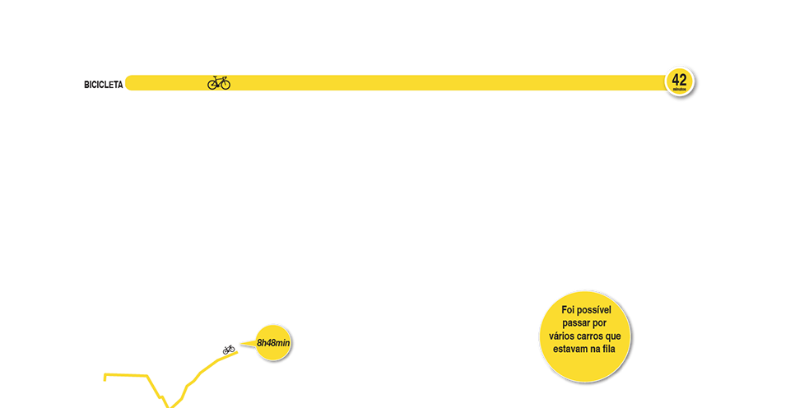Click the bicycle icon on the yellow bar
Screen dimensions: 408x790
point(219,83)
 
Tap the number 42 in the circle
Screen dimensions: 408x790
point(679,79)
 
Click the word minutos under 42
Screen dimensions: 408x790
point(679,89)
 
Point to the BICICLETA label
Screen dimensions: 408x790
point(103,84)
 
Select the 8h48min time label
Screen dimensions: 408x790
point(273,341)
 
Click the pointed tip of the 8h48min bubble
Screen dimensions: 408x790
point(240,343)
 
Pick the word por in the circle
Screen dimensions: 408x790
point(606,323)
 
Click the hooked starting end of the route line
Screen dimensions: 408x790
point(105,378)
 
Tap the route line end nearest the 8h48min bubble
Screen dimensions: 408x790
point(237,351)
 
